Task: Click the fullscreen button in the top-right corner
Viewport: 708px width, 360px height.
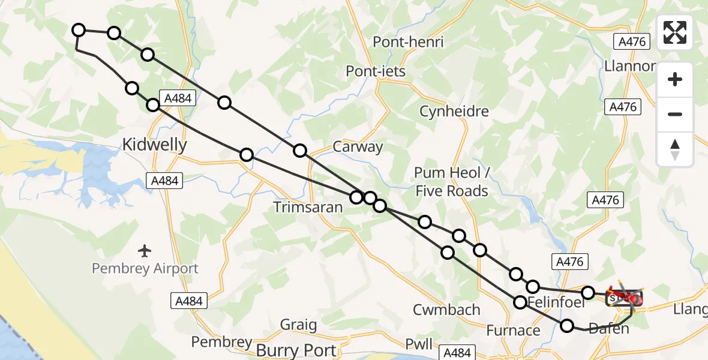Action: (x=675, y=32)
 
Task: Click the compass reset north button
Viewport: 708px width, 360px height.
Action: (x=675, y=149)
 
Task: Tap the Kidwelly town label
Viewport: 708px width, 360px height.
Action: (x=154, y=145)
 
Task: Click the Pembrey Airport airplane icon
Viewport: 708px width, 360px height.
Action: (x=145, y=250)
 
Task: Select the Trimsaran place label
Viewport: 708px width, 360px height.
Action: (x=308, y=208)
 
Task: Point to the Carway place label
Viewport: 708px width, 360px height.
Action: (x=358, y=147)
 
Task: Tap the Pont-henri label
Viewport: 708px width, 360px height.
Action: (x=408, y=42)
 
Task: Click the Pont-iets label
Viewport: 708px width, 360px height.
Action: (x=376, y=71)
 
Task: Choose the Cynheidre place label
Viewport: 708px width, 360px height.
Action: (x=454, y=111)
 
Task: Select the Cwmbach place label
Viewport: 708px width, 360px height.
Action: (x=446, y=310)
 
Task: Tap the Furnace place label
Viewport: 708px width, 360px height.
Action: (x=513, y=330)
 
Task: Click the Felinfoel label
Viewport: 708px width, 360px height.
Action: (x=557, y=303)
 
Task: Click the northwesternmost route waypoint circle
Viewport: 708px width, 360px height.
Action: (x=79, y=30)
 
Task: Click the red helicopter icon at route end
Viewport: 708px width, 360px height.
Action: (x=627, y=296)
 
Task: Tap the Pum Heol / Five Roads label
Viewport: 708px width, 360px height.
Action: (x=451, y=182)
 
